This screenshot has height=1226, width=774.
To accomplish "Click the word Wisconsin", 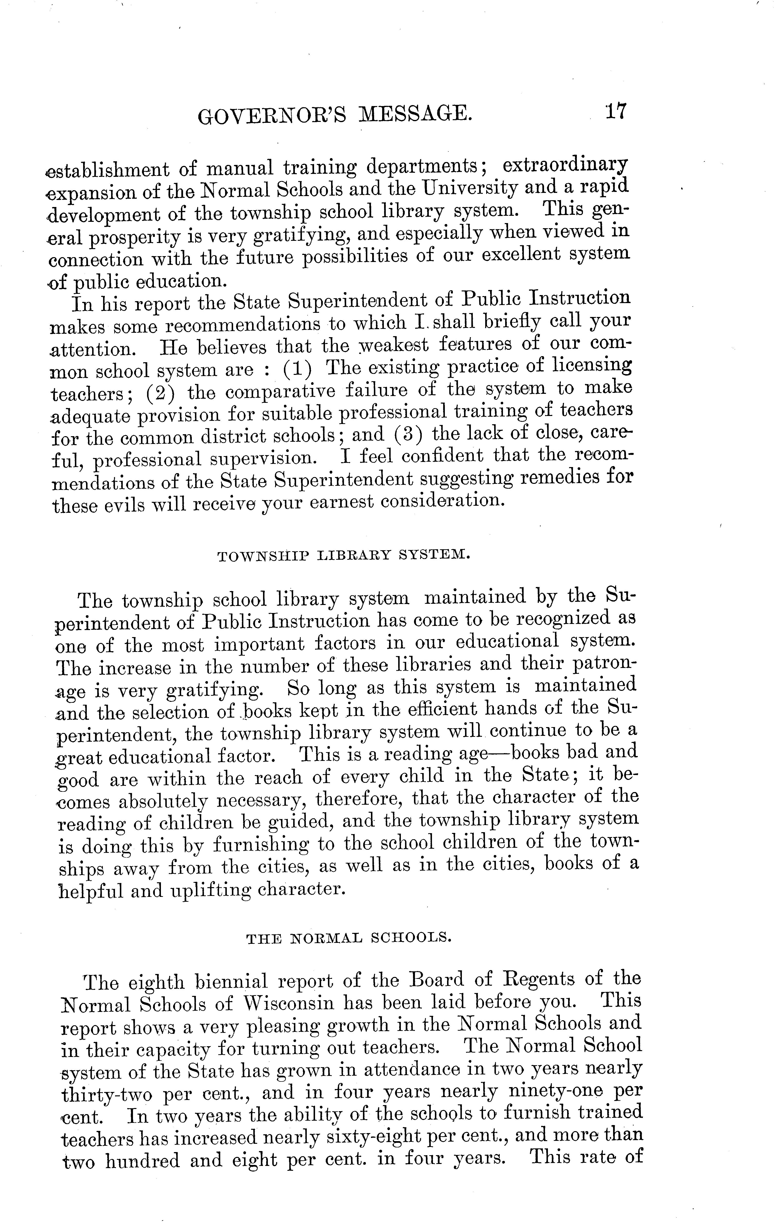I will click(289, 1003).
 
